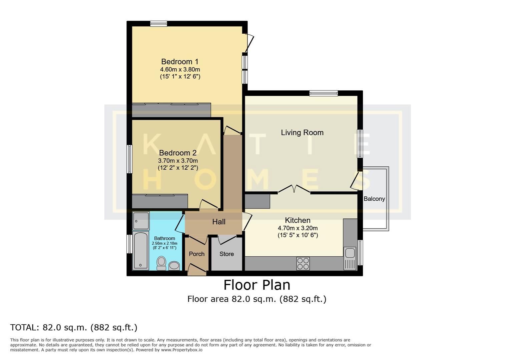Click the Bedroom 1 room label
[180, 62]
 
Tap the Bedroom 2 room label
[177, 153]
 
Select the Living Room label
[302, 133]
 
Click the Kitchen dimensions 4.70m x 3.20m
[298, 228]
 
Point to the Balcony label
[374, 199]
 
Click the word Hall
[219, 222]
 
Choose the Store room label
[226, 254]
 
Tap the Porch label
[196, 254]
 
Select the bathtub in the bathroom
[140, 250]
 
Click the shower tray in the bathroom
[141, 221]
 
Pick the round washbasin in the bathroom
[174, 266]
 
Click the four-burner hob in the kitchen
[303, 264]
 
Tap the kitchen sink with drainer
[350, 258]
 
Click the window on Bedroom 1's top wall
[158, 24]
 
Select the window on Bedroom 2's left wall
[129, 159]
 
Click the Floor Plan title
[256, 285]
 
